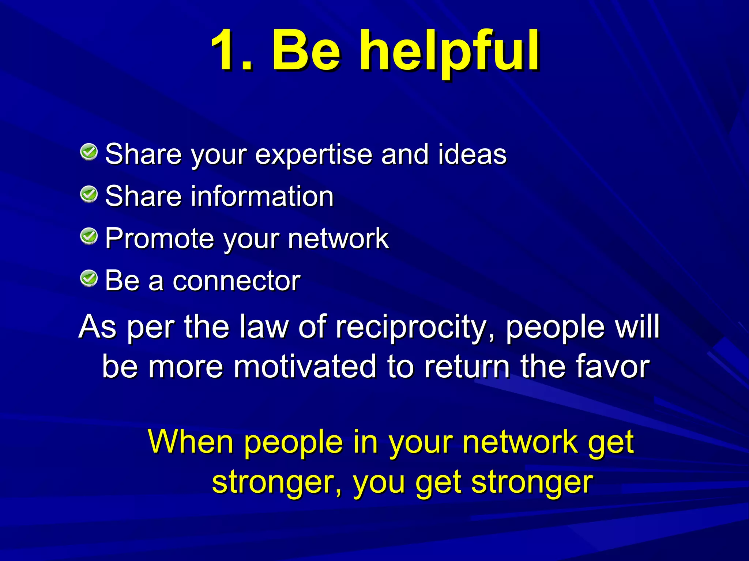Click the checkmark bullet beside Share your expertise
tap(89, 152)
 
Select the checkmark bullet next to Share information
tap(89, 194)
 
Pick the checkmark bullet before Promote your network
tap(89, 236)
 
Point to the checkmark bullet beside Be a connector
tap(89, 279)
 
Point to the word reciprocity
tap(415, 327)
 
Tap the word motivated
tap(305, 367)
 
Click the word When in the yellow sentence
tap(191, 442)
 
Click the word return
tap(467, 367)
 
